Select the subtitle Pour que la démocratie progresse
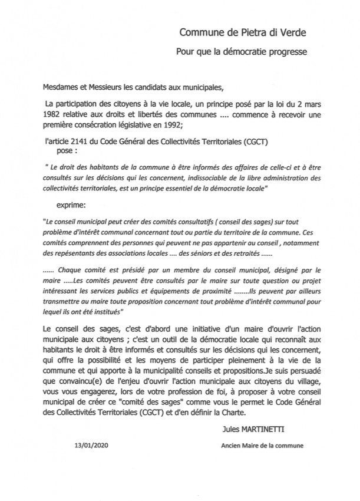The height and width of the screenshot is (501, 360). [x=242, y=52]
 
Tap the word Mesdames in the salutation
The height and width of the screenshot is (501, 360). [x=61, y=89]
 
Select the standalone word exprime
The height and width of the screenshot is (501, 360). [x=71, y=206]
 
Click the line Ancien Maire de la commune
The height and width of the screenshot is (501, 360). [x=262, y=446]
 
